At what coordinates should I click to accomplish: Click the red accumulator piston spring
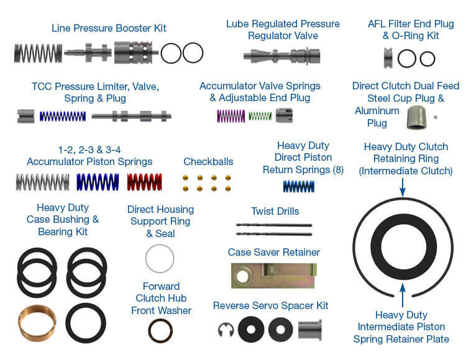point(144,182)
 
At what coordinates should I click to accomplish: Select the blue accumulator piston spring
point(98,182)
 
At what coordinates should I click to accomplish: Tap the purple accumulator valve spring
point(231,115)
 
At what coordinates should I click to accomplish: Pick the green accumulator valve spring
point(260,115)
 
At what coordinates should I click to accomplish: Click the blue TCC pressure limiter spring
point(62,116)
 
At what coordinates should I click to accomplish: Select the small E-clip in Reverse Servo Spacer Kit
point(226,329)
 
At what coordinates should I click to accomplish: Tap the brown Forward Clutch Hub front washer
point(160,331)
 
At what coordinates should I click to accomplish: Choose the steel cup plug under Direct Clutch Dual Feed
point(416,117)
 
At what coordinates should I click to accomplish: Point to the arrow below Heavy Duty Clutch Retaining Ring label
point(402,186)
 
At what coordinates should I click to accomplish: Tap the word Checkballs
point(208,162)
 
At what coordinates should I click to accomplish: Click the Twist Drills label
point(275,211)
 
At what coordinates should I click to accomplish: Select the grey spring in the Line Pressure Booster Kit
point(38,53)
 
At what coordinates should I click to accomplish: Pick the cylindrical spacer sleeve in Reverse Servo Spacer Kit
point(309,329)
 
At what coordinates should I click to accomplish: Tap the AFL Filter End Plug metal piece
point(388,58)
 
